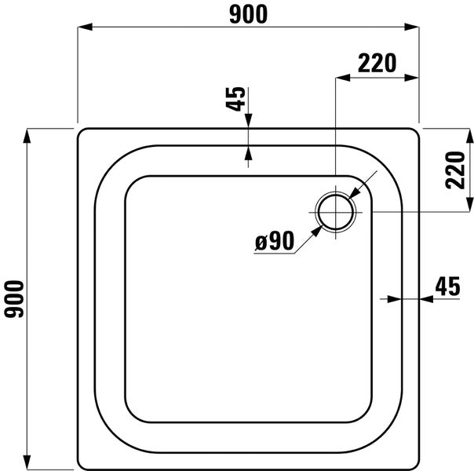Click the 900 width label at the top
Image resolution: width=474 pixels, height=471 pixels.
[247, 13]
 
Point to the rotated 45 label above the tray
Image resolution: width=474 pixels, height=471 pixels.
[235, 100]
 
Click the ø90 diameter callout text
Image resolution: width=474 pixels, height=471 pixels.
[274, 242]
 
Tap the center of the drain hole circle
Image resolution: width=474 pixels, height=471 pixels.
[336, 212]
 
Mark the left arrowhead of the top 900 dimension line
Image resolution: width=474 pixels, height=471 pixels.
[83, 27]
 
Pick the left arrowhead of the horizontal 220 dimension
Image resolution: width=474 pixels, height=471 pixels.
[342, 78]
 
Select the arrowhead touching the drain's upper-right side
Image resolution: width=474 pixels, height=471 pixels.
[355, 192]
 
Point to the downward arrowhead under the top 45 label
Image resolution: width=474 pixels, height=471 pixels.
[248, 122]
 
